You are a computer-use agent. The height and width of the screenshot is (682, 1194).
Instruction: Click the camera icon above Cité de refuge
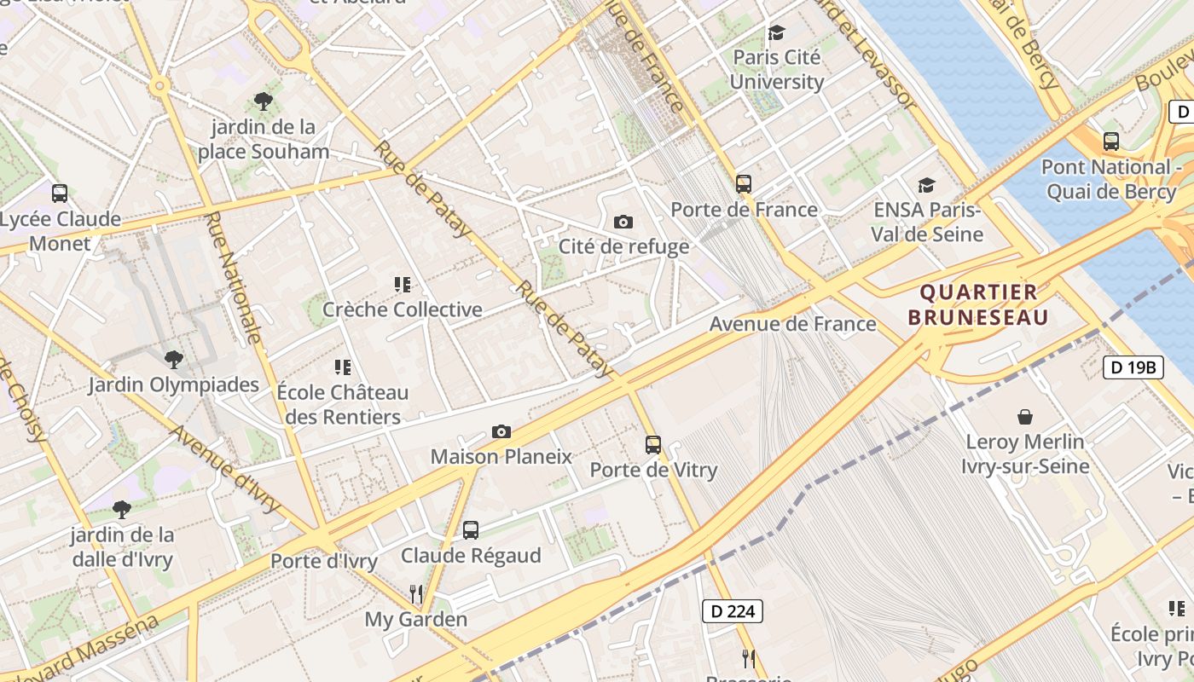pyautogui.click(x=623, y=222)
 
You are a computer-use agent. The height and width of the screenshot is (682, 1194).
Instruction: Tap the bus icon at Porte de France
pyautogui.click(x=744, y=183)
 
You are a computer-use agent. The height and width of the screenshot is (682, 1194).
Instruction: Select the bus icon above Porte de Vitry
pyautogui.click(x=653, y=444)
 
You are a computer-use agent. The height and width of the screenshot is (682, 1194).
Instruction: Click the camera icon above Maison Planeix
pyautogui.click(x=501, y=431)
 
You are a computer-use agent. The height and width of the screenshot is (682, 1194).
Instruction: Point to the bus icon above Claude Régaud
pyautogui.click(x=471, y=530)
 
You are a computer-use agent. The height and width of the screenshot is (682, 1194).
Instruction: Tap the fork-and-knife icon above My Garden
pyautogui.click(x=416, y=593)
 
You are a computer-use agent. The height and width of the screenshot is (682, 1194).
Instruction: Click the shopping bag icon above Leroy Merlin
pyautogui.click(x=1025, y=417)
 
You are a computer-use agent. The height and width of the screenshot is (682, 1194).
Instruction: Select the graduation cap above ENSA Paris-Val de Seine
pyautogui.click(x=926, y=185)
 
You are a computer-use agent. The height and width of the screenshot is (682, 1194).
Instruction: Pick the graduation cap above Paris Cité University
pyautogui.click(x=776, y=32)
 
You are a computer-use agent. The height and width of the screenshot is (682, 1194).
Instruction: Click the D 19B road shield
pyautogui.click(x=1133, y=367)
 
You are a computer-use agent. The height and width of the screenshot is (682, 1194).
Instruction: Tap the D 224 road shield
pyautogui.click(x=732, y=610)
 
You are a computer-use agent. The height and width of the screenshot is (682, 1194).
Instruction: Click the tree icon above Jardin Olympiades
pyautogui.click(x=174, y=359)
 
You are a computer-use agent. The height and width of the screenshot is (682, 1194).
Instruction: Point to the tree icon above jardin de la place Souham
pyautogui.click(x=264, y=101)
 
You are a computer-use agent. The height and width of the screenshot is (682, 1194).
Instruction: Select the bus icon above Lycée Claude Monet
pyautogui.click(x=60, y=194)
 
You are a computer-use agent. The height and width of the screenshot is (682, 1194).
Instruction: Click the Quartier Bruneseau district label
pyautogui.click(x=977, y=304)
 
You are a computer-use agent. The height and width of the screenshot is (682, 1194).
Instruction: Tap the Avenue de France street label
pyautogui.click(x=792, y=324)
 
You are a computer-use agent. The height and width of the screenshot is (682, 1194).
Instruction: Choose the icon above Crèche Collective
pyautogui.click(x=403, y=284)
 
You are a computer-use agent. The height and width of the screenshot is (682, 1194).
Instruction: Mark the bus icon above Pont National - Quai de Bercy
pyautogui.click(x=1110, y=142)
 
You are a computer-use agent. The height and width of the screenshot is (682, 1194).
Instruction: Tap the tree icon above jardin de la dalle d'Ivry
pyautogui.click(x=122, y=510)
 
